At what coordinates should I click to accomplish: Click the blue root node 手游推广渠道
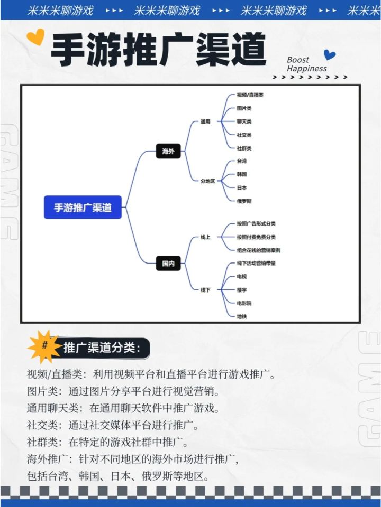pyautogui.click(x=83, y=207)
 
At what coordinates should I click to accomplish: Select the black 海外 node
pyautogui.click(x=168, y=151)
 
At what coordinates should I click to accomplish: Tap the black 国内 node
pyautogui.click(x=168, y=263)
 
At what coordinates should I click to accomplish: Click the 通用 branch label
pyautogui.click(x=205, y=121)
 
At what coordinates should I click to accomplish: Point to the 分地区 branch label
pyautogui.click(x=207, y=181)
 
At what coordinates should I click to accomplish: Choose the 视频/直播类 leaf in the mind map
pyautogui.click(x=250, y=95)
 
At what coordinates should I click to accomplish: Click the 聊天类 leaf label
pyautogui.click(x=244, y=121)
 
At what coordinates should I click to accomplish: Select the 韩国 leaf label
pyautogui.click(x=242, y=174)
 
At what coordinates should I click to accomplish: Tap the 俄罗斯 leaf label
pyautogui.click(x=244, y=201)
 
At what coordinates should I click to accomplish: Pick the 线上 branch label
pyautogui.click(x=205, y=237)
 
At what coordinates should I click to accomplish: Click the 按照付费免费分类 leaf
pyautogui.click(x=256, y=237)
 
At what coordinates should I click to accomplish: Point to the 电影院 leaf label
pyautogui.click(x=244, y=303)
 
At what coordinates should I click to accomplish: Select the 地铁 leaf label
pyautogui.click(x=242, y=316)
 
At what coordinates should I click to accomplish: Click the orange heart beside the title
pyautogui.click(x=35, y=36)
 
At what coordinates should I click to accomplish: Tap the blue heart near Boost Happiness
pyautogui.click(x=330, y=54)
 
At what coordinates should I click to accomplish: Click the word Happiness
pyautogui.click(x=306, y=69)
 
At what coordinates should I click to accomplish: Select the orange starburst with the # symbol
pyautogui.click(x=44, y=346)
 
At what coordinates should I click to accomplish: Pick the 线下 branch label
pyautogui.click(x=205, y=290)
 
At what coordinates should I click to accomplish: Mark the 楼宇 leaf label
pyautogui.click(x=242, y=290)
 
